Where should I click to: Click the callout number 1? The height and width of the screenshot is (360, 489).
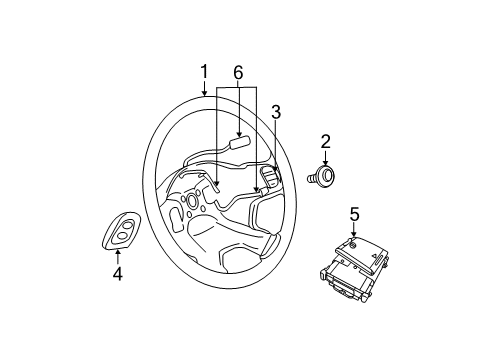tap(204, 71)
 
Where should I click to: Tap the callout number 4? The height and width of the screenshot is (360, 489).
tap(117, 273)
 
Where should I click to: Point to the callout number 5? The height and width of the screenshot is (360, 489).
tap(354, 213)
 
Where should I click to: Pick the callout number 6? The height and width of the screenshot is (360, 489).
tap(237, 73)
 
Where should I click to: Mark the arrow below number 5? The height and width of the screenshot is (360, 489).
tap(354, 231)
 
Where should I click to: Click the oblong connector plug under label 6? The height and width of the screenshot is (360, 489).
tap(239, 142)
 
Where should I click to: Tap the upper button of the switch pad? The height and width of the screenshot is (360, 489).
tap(126, 224)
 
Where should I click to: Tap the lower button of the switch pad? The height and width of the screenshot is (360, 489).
tap(120, 237)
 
